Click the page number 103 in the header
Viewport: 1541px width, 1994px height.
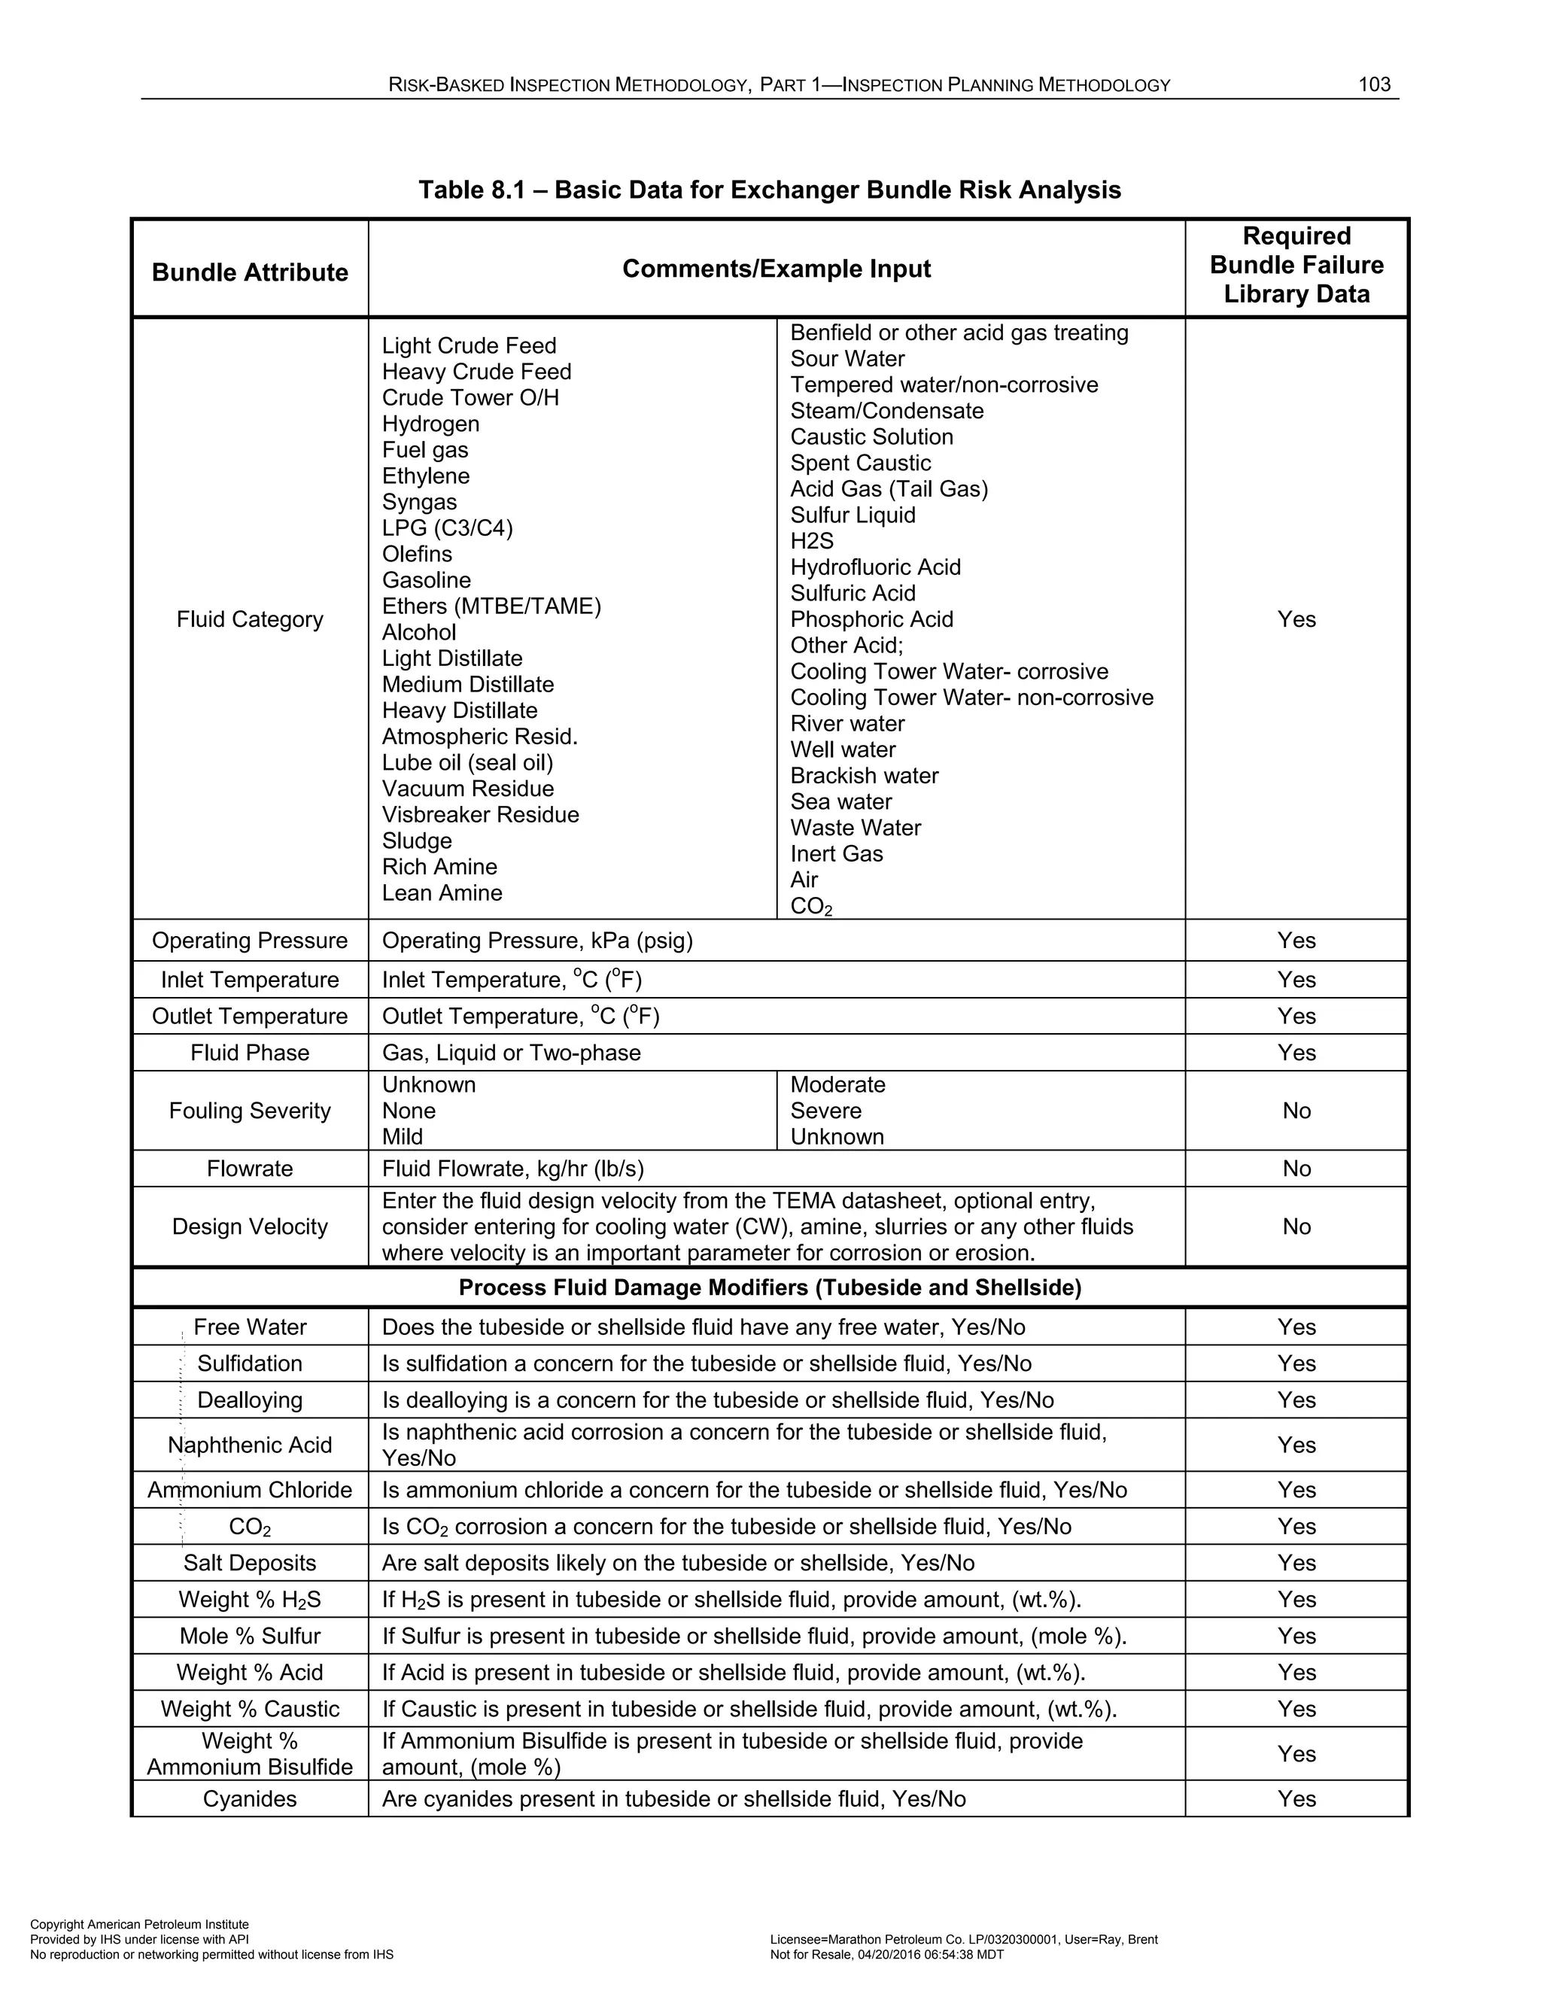(x=1374, y=85)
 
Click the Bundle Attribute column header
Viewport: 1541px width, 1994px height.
(x=249, y=272)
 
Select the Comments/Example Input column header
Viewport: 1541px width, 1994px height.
(x=776, y=269)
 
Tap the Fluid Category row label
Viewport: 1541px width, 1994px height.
(x=249, y=619)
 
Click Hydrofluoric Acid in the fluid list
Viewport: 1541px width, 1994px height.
(x=874, y=567)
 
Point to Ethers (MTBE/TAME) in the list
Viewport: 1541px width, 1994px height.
(x=491, y=606)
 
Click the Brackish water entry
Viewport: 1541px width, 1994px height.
(x=864, y=775)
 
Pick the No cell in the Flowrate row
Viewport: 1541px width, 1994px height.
(x=1296, y=1169)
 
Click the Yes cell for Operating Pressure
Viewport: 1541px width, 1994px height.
(x=1296, y=941)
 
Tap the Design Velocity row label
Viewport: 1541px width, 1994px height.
(x=249, y=1226)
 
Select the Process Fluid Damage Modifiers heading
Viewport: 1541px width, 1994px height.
(x=769, y=1287)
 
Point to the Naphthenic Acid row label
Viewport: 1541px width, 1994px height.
(x=249, y=1445)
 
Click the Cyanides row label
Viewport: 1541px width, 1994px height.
(x=249, y=1798)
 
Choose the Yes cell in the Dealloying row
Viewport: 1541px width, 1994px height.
(x=1296, y=1400)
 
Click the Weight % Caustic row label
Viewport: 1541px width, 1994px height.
(x=249, y=1708)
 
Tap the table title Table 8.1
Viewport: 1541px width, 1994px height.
(x=769, y=190)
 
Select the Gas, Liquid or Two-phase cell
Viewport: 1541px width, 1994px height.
(x=511, y=1053)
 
